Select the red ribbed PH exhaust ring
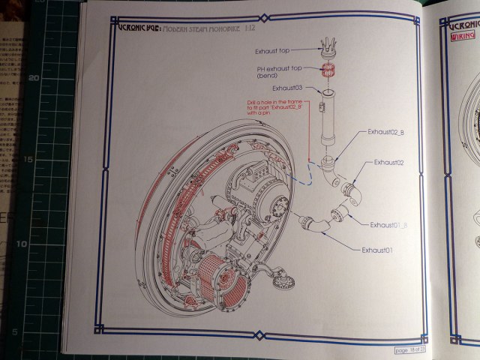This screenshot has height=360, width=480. pyautogui.click(x=327, y=72)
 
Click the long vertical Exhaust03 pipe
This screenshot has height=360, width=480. pyautogui.click(x=328, y=120)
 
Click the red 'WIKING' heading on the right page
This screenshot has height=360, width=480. pyautogui.click(x=463, y=35)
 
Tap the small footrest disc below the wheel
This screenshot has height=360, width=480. pyautogui.click(x=282, y=282)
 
